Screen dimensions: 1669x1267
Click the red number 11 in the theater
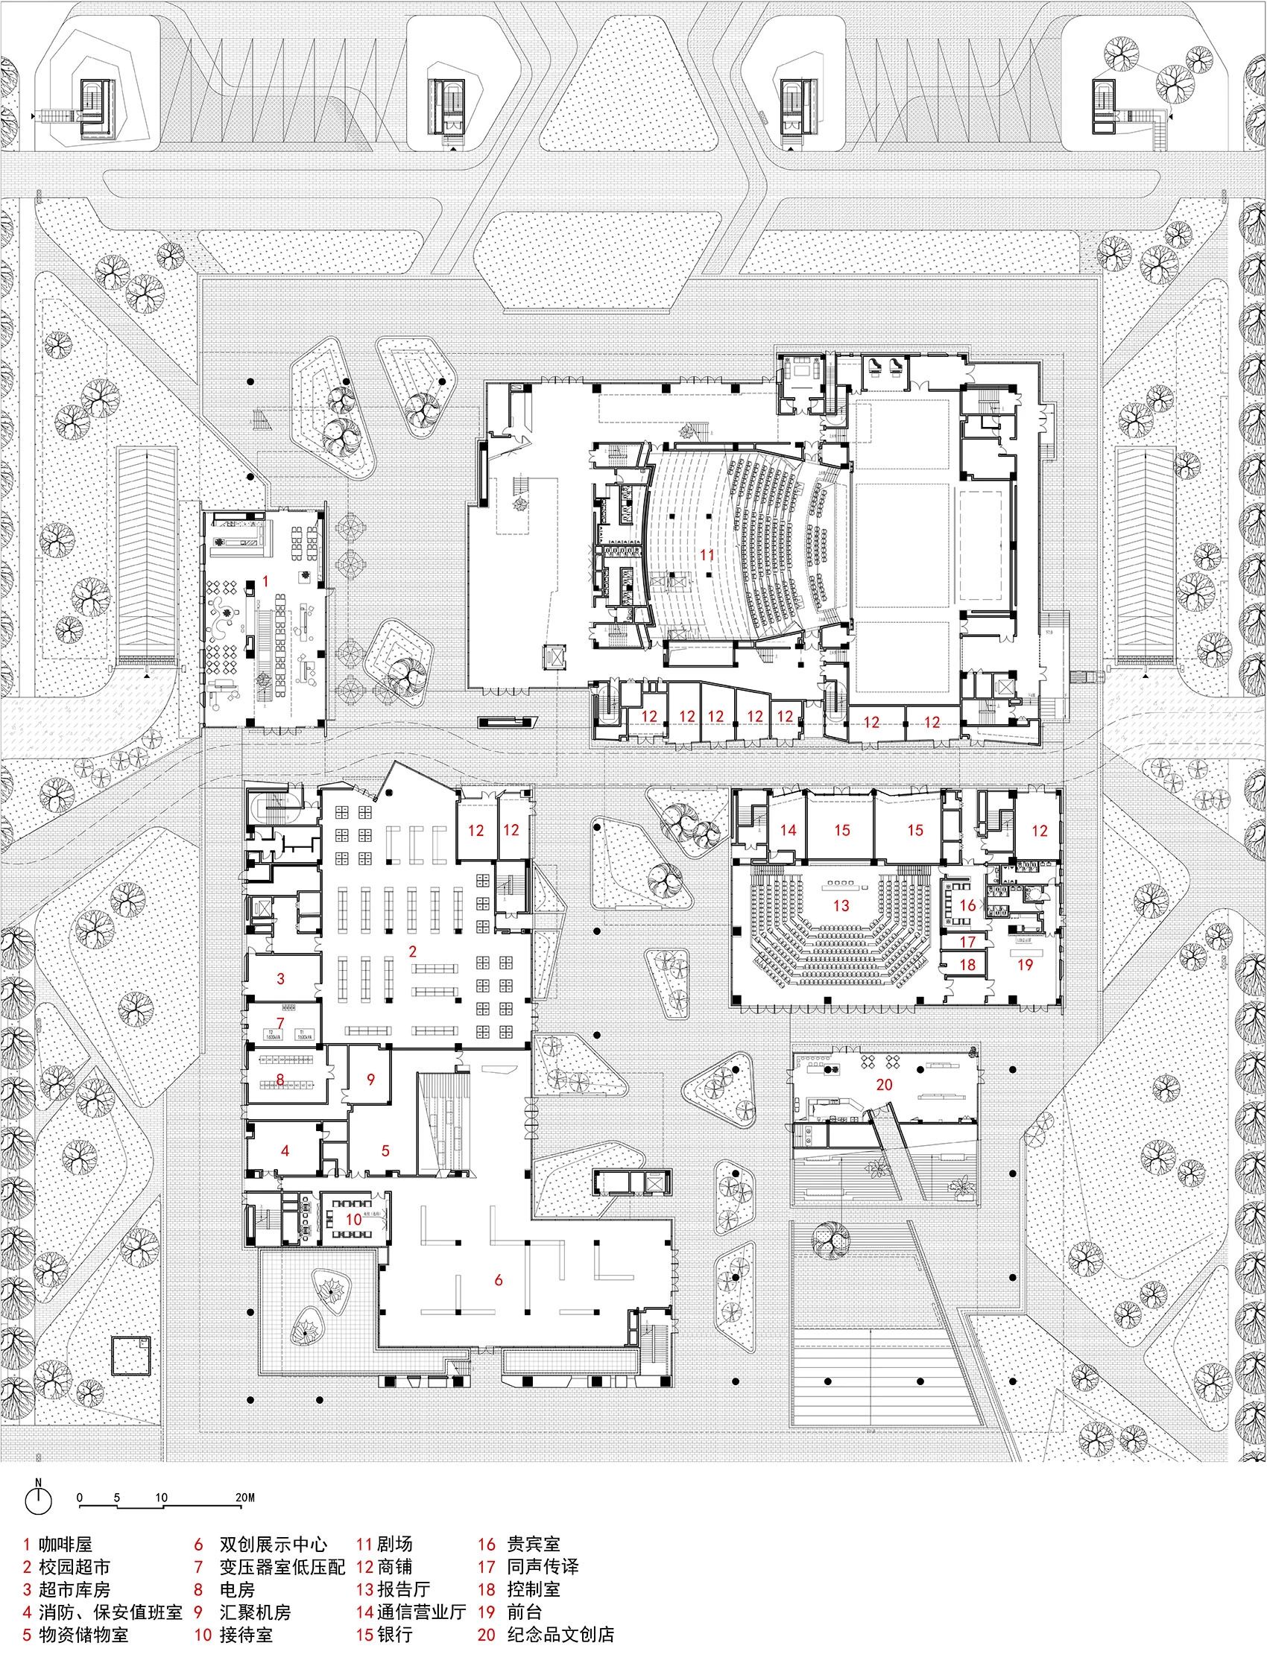tap(707, 554)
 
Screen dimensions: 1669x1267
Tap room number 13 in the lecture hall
tap(841, 905)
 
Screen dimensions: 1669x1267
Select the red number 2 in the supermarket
tap(413, 951)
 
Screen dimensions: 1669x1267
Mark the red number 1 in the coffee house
tap(265, 580)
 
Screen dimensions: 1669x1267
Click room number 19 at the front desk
tap(1024, 963)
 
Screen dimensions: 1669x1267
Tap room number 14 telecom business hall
tap(788, 830)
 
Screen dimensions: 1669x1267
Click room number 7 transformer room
tap(281, 1022)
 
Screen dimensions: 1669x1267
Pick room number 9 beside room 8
tap(370, 1079)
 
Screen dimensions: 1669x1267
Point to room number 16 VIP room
tap(967, 905)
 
